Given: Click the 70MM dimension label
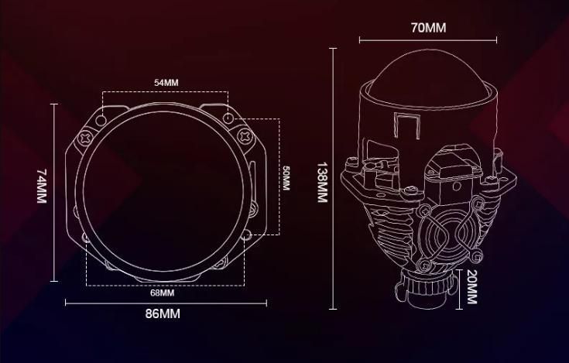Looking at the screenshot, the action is coord(429,28).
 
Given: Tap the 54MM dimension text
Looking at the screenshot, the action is coord(166,83).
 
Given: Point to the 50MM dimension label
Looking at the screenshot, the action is coord(286,178).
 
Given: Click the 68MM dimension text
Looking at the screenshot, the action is coord(163,293).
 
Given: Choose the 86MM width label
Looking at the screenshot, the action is coord(163,313).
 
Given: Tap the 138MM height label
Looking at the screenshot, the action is coord(323,182).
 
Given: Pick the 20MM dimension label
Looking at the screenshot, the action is coord(471,286).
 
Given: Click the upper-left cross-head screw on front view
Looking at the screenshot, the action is coord(86,138).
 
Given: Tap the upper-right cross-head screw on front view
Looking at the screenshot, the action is coord(245,136).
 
